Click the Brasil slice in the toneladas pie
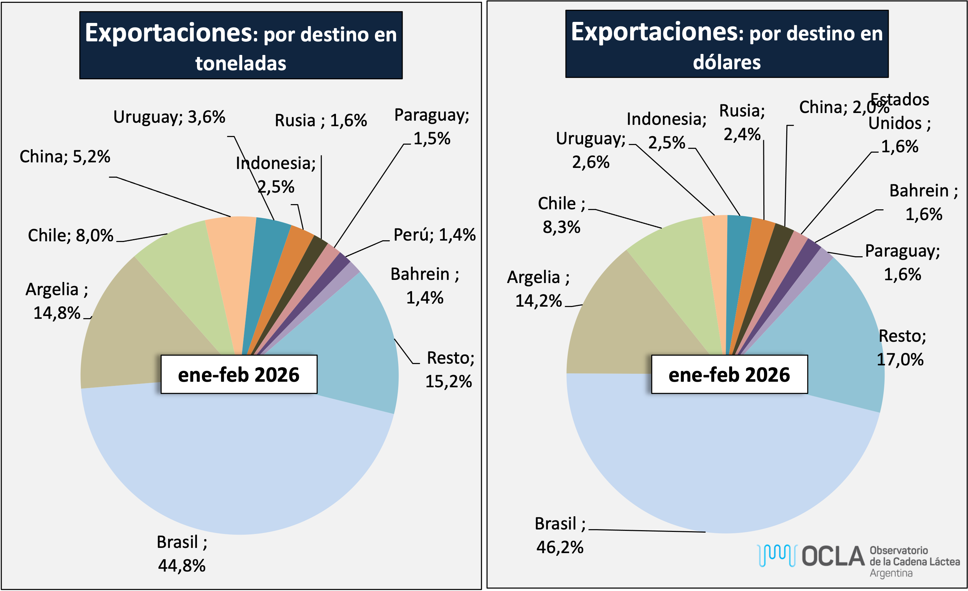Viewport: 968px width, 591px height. [x=236, y=464]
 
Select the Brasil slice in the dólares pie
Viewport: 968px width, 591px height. [x=723, y=464]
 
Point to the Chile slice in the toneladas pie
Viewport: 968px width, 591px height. [x=184, y=267]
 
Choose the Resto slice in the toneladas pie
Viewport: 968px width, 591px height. [x=354, y=346]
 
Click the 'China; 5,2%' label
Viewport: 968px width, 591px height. [x=65, y=157]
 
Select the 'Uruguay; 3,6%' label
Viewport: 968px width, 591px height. [x=169, y=117]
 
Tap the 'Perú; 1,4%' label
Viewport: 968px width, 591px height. [x=434, y=235]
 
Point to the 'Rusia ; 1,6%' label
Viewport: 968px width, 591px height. [x=321, y=121]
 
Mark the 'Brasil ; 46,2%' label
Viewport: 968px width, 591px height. [x=560, y=535]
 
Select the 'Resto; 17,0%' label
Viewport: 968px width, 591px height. [x=901, y=348]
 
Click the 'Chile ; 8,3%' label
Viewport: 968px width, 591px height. [x=561, y=215]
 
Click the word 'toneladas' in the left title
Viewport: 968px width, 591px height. [x=241, y=64]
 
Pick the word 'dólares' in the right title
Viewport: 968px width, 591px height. [x=727, y=63]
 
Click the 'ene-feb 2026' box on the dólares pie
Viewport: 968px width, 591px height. [x=729, y=374]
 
